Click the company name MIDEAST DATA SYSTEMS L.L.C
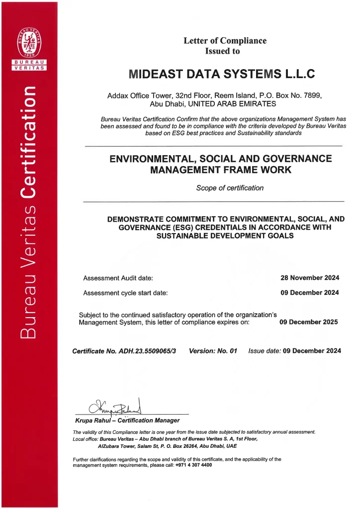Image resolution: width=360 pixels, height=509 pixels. tap(222, 74)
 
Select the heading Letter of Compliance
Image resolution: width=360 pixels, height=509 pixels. tap(225, 41)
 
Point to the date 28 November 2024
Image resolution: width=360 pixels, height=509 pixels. tap(310, 278)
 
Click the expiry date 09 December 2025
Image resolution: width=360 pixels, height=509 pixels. tap(308, 322)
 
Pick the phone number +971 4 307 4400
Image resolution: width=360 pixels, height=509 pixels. tap(194, 465)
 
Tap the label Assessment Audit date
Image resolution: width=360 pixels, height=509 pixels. tap(118, 278)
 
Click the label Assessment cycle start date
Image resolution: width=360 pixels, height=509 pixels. tap(125, 293)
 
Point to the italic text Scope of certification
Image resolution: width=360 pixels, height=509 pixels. tap(230, 188)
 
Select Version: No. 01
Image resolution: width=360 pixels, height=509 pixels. tap(213, 351)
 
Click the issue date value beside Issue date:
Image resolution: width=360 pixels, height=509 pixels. tap(312, 351)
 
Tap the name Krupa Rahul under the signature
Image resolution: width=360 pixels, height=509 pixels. tap(91, 421)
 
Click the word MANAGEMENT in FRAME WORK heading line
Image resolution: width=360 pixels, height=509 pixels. tap(185, 170)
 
